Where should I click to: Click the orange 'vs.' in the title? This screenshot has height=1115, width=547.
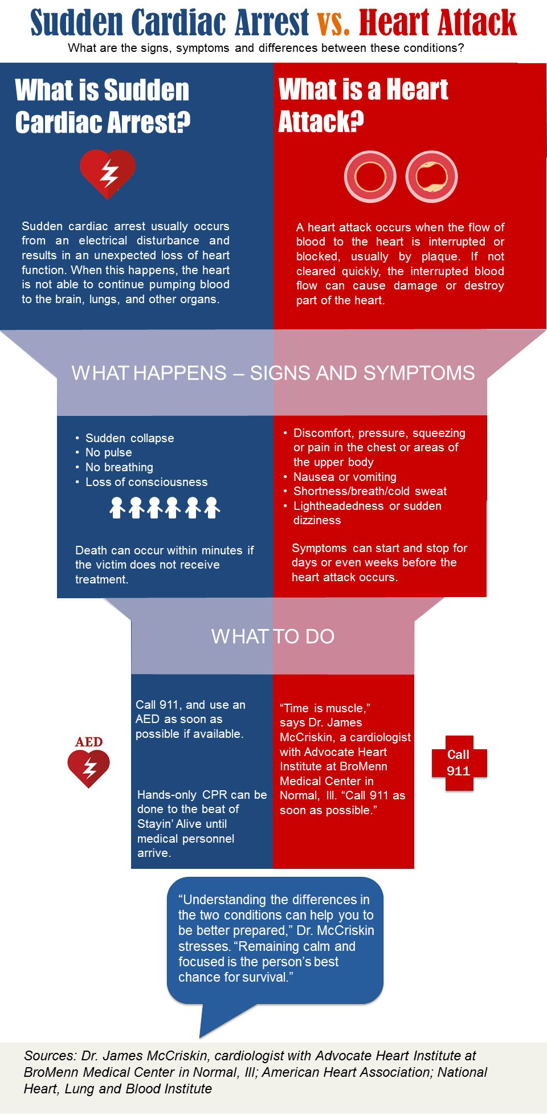point(333,22)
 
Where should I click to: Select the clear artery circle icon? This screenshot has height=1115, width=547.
point(370,177)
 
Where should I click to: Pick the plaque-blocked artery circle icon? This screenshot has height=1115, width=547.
point(431,177)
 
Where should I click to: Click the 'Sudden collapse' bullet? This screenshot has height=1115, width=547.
point(129,438)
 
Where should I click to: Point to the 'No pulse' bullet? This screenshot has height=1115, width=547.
point(108,452)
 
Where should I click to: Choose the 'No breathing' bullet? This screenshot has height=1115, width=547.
point(119,467)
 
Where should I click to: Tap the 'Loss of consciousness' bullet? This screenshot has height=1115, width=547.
point(146,482)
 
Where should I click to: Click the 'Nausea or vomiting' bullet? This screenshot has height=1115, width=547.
point(345,477)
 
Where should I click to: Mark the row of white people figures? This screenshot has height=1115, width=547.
point(165,507)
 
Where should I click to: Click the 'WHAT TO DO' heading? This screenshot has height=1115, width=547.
point(273,636)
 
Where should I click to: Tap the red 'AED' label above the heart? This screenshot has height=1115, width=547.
point(89,742)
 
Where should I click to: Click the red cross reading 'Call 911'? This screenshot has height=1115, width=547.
point(459,763)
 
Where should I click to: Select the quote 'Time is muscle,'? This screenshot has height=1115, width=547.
point(325,708)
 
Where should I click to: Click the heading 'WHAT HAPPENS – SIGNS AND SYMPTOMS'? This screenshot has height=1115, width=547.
point(273,373)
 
